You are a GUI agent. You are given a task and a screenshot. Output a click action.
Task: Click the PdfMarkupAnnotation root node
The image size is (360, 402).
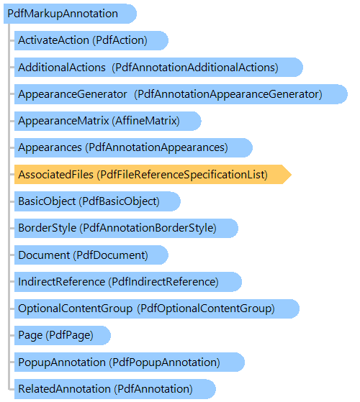point(70,14)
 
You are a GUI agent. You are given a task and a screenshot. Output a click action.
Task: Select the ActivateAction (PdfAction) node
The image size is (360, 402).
point(91,40)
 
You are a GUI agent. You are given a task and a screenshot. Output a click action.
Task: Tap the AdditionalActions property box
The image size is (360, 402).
point(158,68)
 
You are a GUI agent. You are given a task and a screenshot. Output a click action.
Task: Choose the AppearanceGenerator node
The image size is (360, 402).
point(181,94)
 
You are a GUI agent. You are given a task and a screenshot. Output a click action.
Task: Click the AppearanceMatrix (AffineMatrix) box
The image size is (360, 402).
point(108,121)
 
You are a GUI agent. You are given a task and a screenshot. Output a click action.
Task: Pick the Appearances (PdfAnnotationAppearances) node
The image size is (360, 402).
point(133,147)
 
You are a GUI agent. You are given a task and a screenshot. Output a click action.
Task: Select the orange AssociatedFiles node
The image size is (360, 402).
point(153,174)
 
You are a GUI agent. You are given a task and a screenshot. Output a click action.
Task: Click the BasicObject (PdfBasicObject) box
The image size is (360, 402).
point(97,201)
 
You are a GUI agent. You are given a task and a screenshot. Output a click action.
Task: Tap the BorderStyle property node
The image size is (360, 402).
point(126,228)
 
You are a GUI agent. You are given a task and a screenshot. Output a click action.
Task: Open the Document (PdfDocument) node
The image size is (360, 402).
point(91,255)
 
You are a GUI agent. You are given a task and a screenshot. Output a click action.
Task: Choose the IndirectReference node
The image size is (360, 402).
point(128,281)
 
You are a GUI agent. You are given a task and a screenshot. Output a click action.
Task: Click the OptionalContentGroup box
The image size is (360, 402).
point(157,309)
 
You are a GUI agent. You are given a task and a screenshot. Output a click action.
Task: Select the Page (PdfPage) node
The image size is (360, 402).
point(63,335)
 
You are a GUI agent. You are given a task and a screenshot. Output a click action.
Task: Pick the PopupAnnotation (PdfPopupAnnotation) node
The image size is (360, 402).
point(130,362)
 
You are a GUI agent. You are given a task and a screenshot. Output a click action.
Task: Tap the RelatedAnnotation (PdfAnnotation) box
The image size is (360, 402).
point(115,389)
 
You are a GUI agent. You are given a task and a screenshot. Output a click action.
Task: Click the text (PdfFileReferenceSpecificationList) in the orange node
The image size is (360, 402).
point(182,175)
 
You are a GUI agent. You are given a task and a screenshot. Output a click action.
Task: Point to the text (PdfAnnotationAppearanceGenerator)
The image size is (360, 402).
point(228,95)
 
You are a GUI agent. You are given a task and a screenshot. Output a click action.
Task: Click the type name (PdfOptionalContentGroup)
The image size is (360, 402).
point(206,309)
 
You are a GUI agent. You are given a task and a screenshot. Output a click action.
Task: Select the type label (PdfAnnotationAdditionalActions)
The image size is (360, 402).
point(195,68)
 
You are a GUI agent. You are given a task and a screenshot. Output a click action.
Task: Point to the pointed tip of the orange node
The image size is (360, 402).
point(292,174)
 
